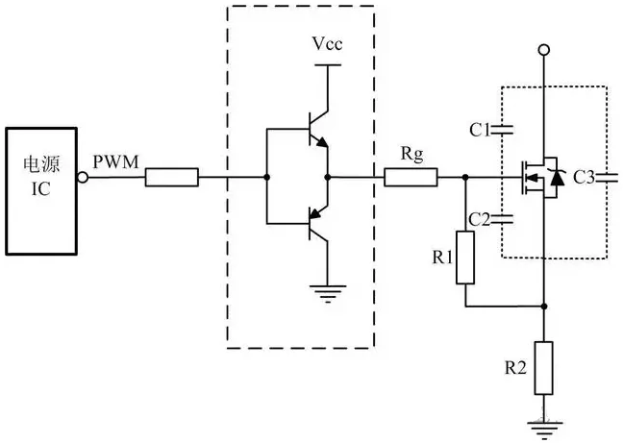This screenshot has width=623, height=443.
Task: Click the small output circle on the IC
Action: point(84,177)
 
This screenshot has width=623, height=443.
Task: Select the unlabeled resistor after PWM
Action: point(172,177)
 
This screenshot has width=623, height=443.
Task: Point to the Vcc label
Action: point(327,45)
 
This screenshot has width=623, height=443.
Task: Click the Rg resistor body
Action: point(411,177)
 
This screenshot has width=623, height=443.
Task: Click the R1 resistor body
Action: point(465,257)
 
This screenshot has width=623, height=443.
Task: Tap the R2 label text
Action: point(516,366)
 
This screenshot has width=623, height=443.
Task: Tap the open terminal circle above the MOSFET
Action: point(544,49)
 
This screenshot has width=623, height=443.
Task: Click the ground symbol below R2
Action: point(544,422)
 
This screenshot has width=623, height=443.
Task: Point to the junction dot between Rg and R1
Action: point(465,177)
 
